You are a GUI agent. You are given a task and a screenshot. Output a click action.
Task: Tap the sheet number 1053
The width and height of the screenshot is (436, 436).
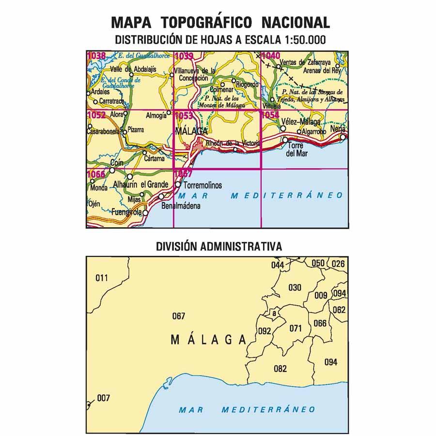pos(184,115)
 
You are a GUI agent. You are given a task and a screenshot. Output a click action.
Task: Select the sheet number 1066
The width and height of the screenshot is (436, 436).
pos(96,174)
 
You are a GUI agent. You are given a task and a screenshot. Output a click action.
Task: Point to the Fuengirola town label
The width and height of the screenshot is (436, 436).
pos(126,212)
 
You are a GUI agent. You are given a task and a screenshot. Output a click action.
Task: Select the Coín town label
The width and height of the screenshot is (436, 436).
pos(117,163)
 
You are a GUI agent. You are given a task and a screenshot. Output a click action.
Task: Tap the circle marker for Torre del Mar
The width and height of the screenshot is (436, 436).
pos(286,140)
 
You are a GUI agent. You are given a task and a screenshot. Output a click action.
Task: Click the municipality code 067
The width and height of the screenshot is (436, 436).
pos(178,316)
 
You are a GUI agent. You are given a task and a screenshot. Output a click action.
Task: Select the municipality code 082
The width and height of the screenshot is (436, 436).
pos(280,368)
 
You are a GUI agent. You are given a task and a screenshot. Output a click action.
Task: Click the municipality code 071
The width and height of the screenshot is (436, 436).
pos(296,328)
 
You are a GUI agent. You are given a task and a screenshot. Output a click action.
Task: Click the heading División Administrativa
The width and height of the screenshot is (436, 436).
pos(218,246)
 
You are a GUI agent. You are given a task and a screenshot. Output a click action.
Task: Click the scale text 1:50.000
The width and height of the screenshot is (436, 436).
pos(301,40)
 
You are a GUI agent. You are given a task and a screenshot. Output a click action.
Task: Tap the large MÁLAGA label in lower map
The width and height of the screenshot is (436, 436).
pos(209,340)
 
